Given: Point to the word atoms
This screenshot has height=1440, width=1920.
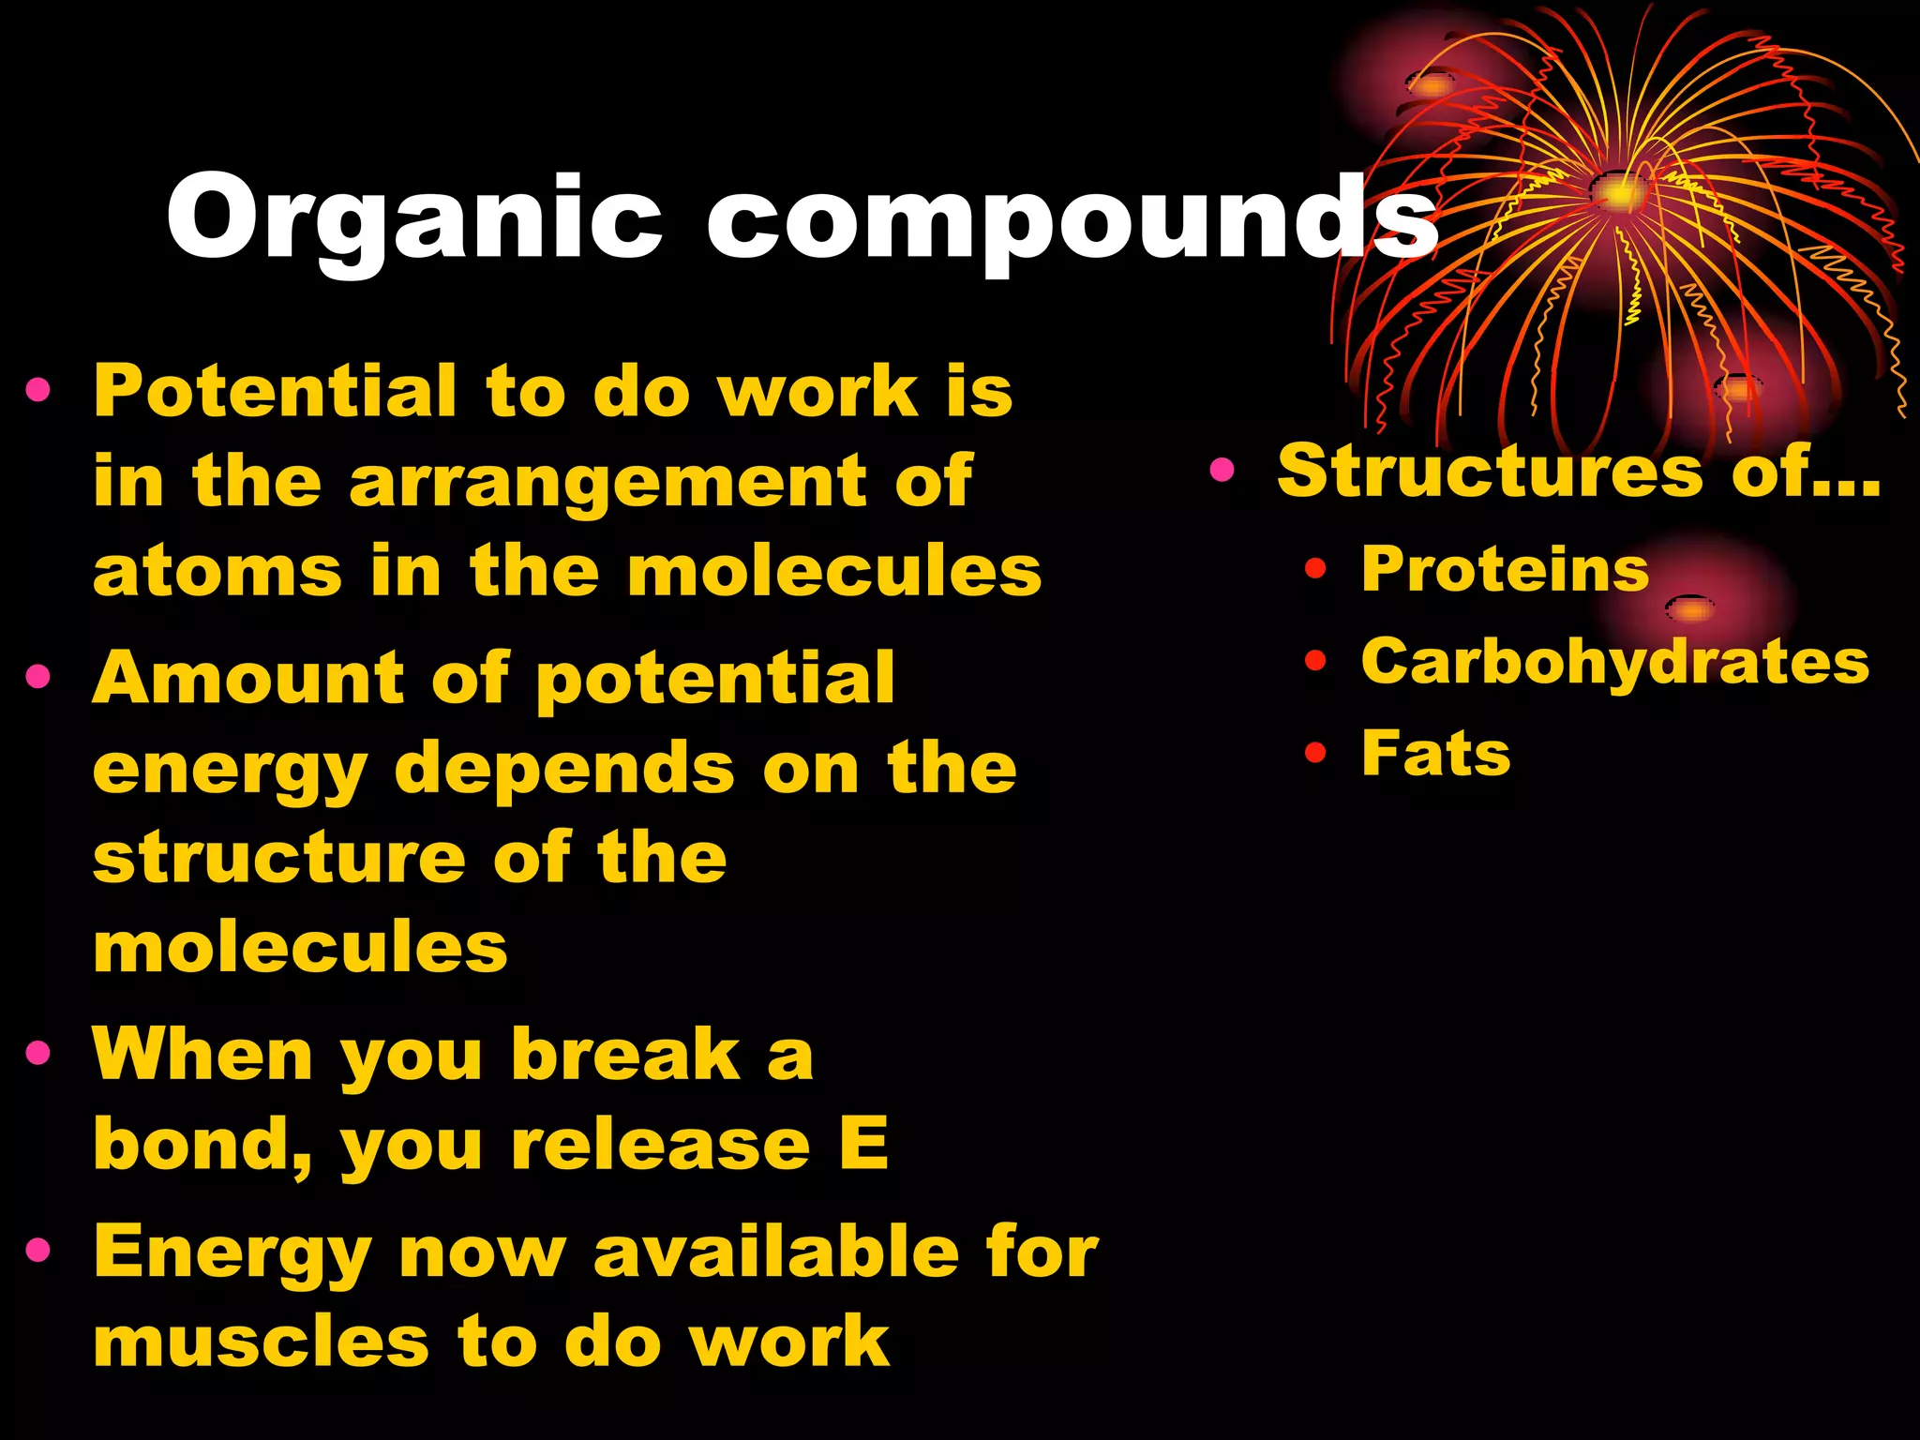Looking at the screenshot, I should click(217, 571).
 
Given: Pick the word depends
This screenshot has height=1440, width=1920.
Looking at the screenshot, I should click(564, 768).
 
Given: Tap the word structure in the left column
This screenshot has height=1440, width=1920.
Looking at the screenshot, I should click(279, 858).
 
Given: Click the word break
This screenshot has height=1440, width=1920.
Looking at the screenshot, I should click(626, 1055).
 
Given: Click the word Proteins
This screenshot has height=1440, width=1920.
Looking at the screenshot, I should click(1505, 569).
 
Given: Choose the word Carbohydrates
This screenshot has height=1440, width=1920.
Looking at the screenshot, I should click(1614, 662).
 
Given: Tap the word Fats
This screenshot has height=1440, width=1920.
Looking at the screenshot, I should click(1435, 753).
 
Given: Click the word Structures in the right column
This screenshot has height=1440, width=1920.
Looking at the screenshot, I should click(1489, 471).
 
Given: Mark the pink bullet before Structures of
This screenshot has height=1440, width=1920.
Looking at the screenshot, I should click(1222, 470).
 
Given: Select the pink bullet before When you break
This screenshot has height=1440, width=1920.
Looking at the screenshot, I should click(38, 1053).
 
